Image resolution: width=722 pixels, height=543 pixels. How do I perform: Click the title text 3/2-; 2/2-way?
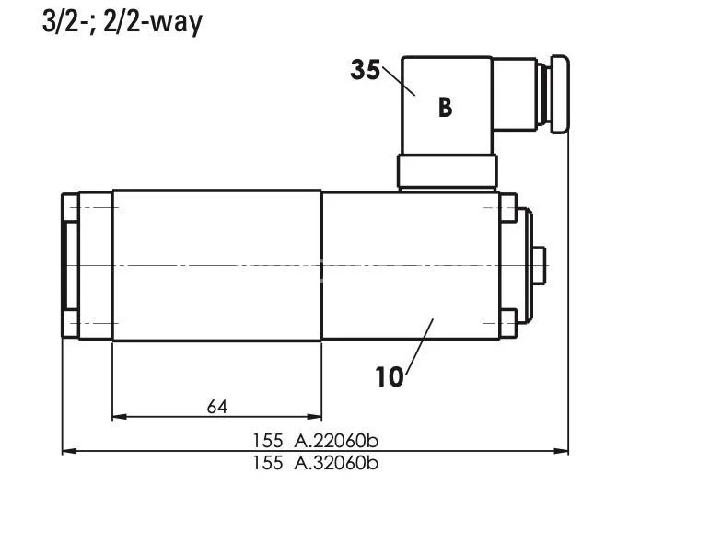coord(122,21)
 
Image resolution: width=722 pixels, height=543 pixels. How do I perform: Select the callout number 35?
coord(365,70)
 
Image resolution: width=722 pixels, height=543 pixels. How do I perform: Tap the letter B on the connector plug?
coord(445,108)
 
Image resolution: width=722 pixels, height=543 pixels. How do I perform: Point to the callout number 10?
coord(390,376)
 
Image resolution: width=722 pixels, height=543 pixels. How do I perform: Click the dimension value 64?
coord(217,406)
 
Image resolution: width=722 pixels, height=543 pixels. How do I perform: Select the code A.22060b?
coord(336,441)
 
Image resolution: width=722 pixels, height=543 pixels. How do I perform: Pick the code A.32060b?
coord(336,463)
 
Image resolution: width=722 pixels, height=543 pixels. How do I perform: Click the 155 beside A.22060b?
coord(267,441)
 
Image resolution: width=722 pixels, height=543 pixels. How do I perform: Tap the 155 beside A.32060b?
coord(267,463)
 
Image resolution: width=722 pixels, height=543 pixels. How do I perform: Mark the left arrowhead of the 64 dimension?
coord(118,417)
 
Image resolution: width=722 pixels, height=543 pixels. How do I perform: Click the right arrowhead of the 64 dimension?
coord(316,417)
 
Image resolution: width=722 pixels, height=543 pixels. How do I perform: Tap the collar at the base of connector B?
coord(448,171)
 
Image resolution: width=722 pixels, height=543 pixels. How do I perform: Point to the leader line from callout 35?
coord(400,79)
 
